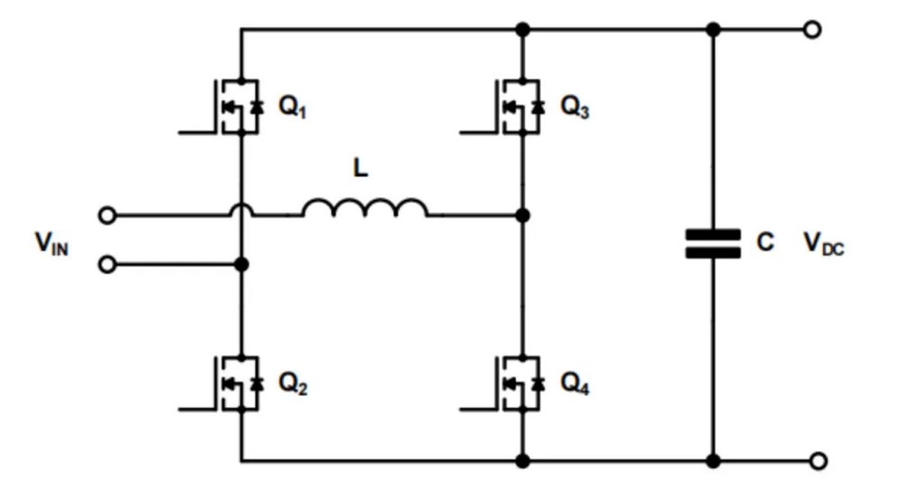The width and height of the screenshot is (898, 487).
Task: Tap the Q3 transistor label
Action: tap(576, 107)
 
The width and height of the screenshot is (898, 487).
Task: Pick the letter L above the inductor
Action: tap(360, 169)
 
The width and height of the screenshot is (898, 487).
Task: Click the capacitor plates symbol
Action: tap(712, 244)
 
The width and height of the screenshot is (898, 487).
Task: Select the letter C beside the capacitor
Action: tap(765, 243)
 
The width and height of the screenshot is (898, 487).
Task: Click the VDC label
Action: tap(823, 244)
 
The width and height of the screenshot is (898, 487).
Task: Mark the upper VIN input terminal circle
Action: tap(107, 216)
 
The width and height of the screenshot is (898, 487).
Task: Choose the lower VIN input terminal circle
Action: tap(107, 265)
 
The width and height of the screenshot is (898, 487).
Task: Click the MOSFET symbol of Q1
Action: tap(236, 107)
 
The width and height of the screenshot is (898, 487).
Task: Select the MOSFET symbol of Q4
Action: tap(519, 383)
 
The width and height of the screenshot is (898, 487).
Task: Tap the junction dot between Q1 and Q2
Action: tap(240, 265)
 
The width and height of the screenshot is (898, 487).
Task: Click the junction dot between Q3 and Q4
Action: tap(523, 216)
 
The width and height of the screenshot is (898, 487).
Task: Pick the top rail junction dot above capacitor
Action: tap(712, 30)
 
